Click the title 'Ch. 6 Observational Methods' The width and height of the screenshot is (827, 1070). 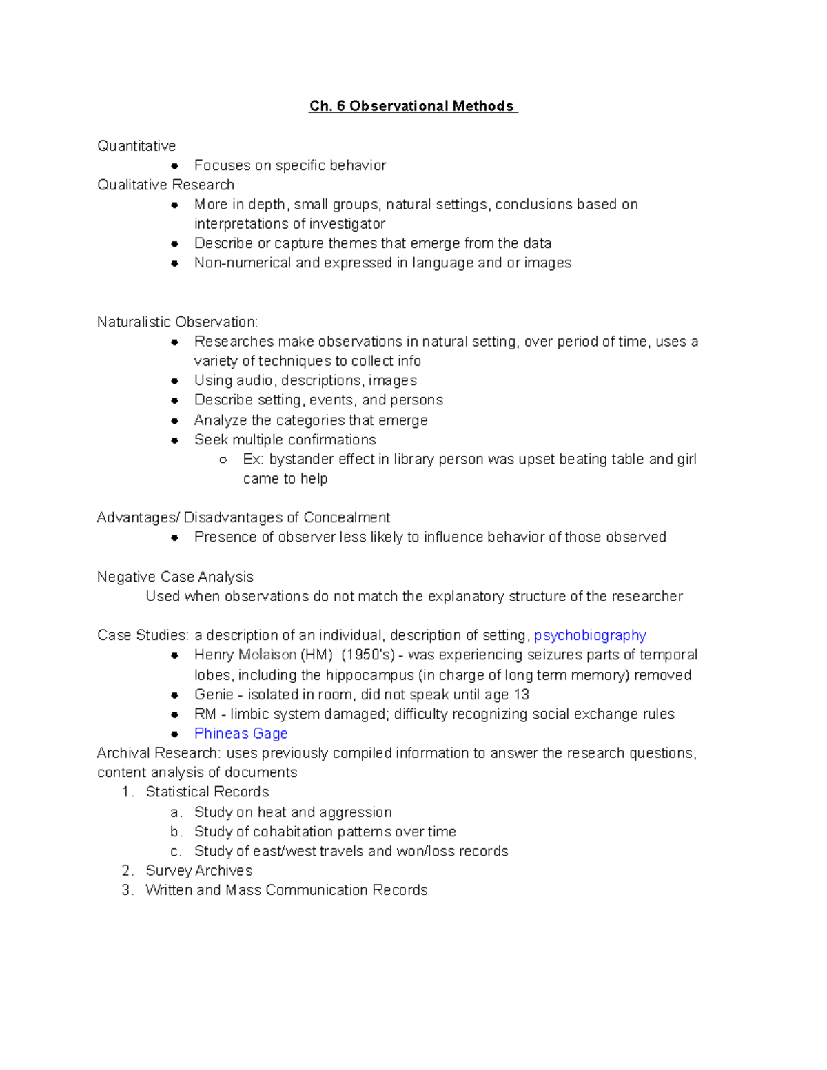pyautogui.click(x=412, y=106)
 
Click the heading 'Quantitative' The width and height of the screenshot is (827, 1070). pyautogui.click(x=136, y=146)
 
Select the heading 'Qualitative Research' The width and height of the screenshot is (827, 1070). pyautogui.click(x=165, y=185)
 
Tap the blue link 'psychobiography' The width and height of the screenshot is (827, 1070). pyautogui.click(x=590, y=635)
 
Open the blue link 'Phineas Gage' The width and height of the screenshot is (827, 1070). pyautogui.click(x=241, y=734)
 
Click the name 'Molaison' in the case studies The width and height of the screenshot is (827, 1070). pyautogui.click(x=267, y=655)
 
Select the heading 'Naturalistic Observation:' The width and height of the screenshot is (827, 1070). pyautogui.click(x=177, y=322)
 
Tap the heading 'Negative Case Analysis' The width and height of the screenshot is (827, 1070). pyautogui.click(x=175, y=577)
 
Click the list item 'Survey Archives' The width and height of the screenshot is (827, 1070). pyautogui.click(x=198, y=871)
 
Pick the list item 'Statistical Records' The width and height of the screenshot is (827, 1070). pyautogui.click(x=207, y=792)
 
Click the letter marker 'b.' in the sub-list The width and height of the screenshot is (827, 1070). pyautogui.click(x=176, y=832)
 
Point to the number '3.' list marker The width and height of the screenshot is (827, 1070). pyautogui.click(x=127, y=890)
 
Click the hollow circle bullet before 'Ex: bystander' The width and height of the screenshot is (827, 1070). pyautogui.click(x=223, y=460)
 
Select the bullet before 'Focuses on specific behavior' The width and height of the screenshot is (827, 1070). pyautogui.click(x=175, y=166)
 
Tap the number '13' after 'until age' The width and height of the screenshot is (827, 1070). pyautogui.click(x=521, y=695)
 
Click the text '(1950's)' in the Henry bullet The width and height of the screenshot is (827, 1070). pyautogui.click(x=368, y=655)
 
